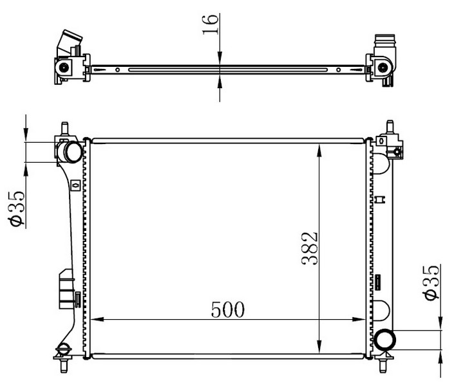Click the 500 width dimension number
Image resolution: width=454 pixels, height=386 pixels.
click(x=228, y=309)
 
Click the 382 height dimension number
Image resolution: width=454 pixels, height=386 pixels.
click(x=310, y=248)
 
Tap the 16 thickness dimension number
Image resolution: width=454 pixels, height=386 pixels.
click(x=210, y=24)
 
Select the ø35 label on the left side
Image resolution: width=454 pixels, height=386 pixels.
click(x=16, y=208)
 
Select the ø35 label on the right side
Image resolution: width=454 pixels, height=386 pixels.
click(x=431, y=282)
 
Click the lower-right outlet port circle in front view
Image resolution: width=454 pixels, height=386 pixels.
click(x=385, y=340)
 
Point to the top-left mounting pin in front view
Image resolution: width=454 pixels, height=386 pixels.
click(x=64, y=128)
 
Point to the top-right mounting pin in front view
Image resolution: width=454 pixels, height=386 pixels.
click(x=390, y=127)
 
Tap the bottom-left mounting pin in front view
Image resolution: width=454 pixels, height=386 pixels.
click(x=64, y=365)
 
